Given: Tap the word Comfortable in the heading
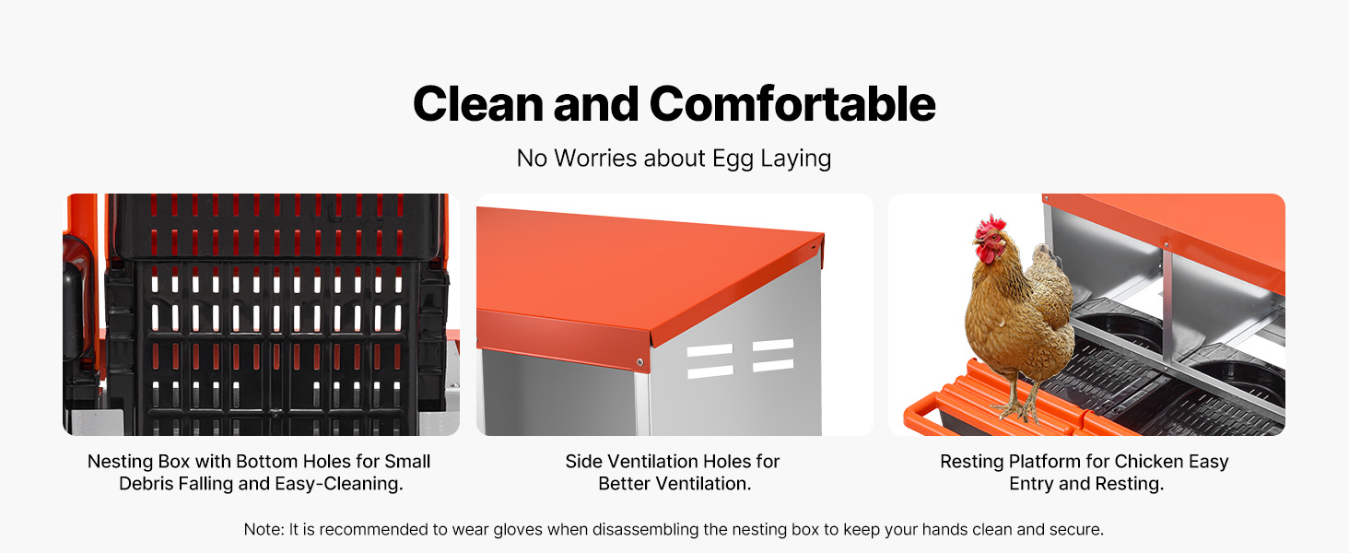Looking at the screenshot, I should point(793,103).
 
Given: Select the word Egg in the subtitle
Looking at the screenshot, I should point(733,159).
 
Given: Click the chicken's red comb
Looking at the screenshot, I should point(991,225).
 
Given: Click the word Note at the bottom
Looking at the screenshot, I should point(263,529).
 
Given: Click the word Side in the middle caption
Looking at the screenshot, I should point(584,461).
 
